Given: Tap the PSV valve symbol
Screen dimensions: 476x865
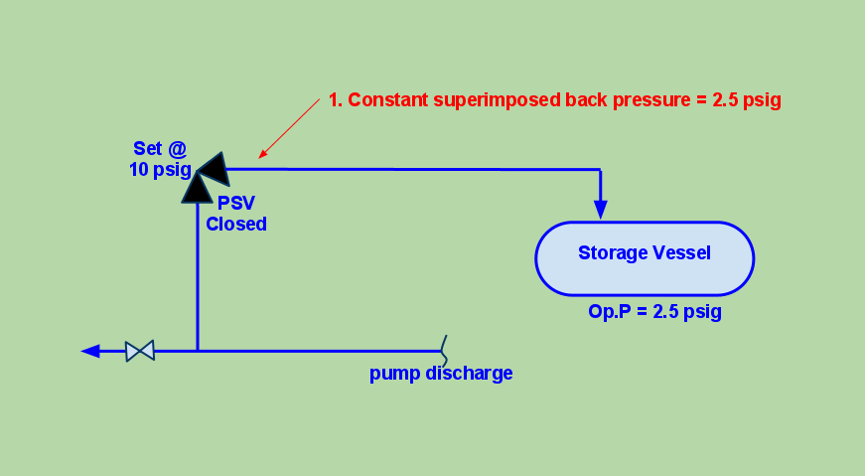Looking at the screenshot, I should (204, 177).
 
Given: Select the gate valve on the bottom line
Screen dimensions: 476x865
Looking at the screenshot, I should (140, 351).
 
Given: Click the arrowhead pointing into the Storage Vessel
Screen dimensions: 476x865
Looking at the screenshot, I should (600, 209).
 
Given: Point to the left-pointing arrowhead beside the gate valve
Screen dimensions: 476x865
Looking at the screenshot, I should (91, 351).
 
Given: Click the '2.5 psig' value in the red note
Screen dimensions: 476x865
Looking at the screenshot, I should (747, 100).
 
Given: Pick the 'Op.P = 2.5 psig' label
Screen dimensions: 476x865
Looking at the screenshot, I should (654, 311).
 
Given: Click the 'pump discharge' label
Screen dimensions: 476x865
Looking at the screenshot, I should (441, 374).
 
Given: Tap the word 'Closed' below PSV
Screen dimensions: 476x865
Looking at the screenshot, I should (236, 225).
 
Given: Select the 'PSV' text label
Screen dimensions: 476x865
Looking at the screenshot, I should (236, 204).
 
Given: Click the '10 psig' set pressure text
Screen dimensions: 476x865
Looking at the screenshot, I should (159, 170).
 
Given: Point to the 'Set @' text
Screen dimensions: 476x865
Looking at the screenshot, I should (160, 149).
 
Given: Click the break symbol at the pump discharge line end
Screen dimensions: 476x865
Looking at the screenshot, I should (444, 350).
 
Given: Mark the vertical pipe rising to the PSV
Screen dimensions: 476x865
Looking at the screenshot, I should (198, 278).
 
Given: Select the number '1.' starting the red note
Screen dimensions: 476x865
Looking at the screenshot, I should (335, 100).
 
